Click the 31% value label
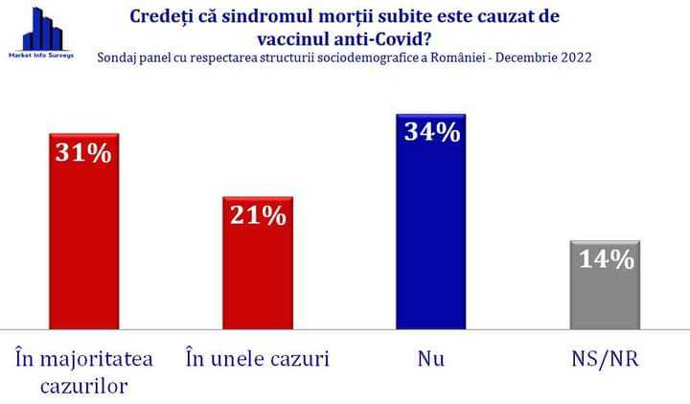click(x=84, y=152)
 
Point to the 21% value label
click(x=258, y=216)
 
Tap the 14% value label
click(x=606, y=258)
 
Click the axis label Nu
click(x=431, y=359)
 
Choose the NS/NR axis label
click(x=605, y=359)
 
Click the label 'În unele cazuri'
click(x=257, y=359)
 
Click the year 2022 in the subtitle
click(x=574, y=57)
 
